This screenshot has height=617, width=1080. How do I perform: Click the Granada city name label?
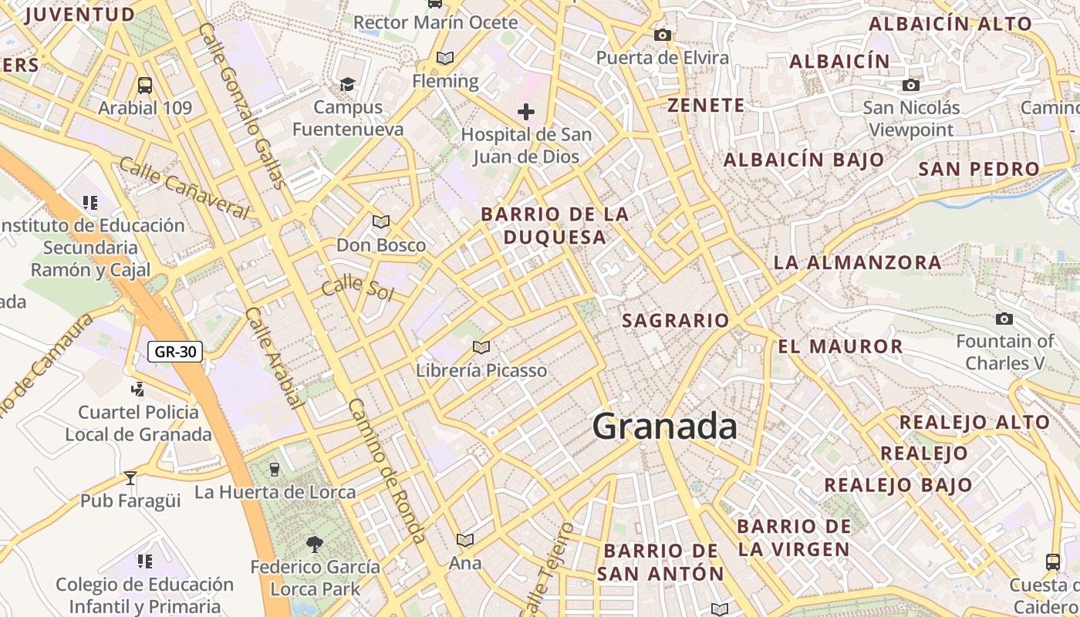click(x=665, y=427)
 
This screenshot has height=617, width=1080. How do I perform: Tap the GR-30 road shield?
click(x=175, y=352)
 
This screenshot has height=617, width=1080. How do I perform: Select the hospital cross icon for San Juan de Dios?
click(x=526, y=112)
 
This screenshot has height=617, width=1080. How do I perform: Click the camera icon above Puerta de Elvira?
click(x=662, y=35)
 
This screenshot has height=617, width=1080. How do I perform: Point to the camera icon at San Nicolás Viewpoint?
click(x=911, y=85)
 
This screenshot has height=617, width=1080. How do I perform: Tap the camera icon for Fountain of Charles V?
click(x=1004, y=319)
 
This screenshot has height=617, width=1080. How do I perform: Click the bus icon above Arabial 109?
click(x=145, y=85)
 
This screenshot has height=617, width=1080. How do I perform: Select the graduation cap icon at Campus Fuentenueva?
click(x=348, y=84)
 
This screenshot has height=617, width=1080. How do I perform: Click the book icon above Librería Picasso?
click(x=481, y=348)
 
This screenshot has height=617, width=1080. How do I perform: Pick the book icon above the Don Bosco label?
click(x=381, y=222)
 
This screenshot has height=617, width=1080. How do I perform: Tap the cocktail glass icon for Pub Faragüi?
click(x=130, y=478)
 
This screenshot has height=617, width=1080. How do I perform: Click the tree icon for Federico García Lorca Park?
click(x=314, y=545)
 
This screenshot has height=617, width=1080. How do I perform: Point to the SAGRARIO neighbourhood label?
click(x=675, y=320)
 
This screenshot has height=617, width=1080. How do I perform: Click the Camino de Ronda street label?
click(x=386, y=471)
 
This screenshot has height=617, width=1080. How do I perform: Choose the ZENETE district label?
click(x=706, y=106)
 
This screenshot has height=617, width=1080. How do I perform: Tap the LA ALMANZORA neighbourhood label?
click(x=857, y=262)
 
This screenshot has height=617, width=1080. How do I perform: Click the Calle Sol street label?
click(x=357, y=288)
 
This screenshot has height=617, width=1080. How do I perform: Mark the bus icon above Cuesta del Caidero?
click(x=1053, y=561)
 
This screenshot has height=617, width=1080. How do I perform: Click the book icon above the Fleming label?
click(x=445, y=58)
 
